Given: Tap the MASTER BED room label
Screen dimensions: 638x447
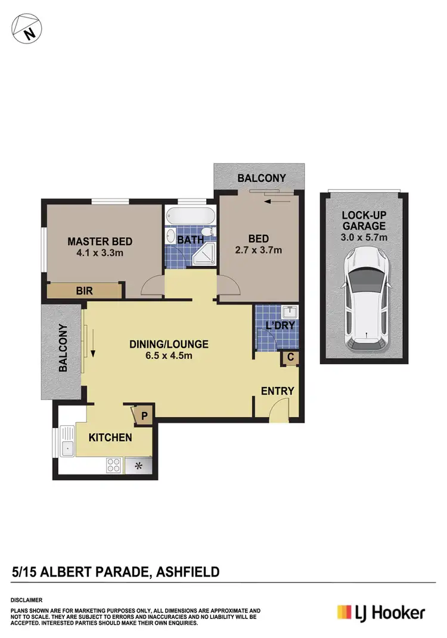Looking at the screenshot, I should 100,241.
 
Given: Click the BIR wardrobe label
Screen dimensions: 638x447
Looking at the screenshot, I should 83,291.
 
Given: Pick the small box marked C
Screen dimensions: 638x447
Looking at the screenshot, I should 290,357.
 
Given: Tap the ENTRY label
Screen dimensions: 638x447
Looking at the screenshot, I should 278,391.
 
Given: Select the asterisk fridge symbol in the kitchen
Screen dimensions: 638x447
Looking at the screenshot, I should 138,464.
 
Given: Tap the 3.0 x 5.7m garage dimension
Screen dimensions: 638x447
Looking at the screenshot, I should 364,238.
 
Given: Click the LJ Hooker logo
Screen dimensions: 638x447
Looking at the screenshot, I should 381,612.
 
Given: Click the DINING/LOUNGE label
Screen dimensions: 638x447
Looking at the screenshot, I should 169,344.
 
